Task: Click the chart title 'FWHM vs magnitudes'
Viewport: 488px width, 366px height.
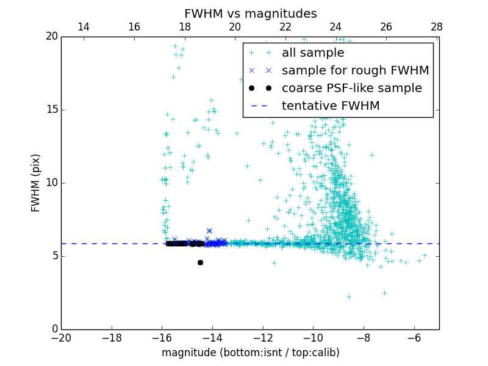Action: [x=250, y=13]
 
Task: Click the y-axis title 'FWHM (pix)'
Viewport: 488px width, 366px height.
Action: [x=36, y=182]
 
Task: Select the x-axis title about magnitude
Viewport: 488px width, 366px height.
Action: [x=250, y=353]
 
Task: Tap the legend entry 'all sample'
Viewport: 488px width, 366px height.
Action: [x=313, y=53]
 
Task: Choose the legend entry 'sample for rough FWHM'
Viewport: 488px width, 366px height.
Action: [x=355, y=71]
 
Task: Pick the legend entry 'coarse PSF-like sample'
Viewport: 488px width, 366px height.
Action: [x=351, y=88]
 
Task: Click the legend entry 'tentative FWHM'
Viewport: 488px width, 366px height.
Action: [x=331, y=106]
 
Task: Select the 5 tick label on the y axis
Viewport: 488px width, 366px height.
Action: [x=54, y=256]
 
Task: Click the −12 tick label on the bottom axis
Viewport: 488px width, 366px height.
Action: [x=262, y=337]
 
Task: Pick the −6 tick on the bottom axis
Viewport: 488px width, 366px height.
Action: [x=414, y=337]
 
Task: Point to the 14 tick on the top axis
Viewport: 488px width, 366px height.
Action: [x=84, y=27]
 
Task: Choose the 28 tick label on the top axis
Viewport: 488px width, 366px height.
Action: [x=436, y=27]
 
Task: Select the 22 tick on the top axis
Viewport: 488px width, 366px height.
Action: [x=285, y=27]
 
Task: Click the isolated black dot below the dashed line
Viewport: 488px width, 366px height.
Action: [x=200, y=262]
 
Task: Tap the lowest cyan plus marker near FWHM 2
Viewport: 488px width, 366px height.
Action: [x=349, y=296]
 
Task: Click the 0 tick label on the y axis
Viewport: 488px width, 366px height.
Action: [x=54, y=329]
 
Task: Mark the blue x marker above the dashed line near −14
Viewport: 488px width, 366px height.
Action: [x=209, y=231]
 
